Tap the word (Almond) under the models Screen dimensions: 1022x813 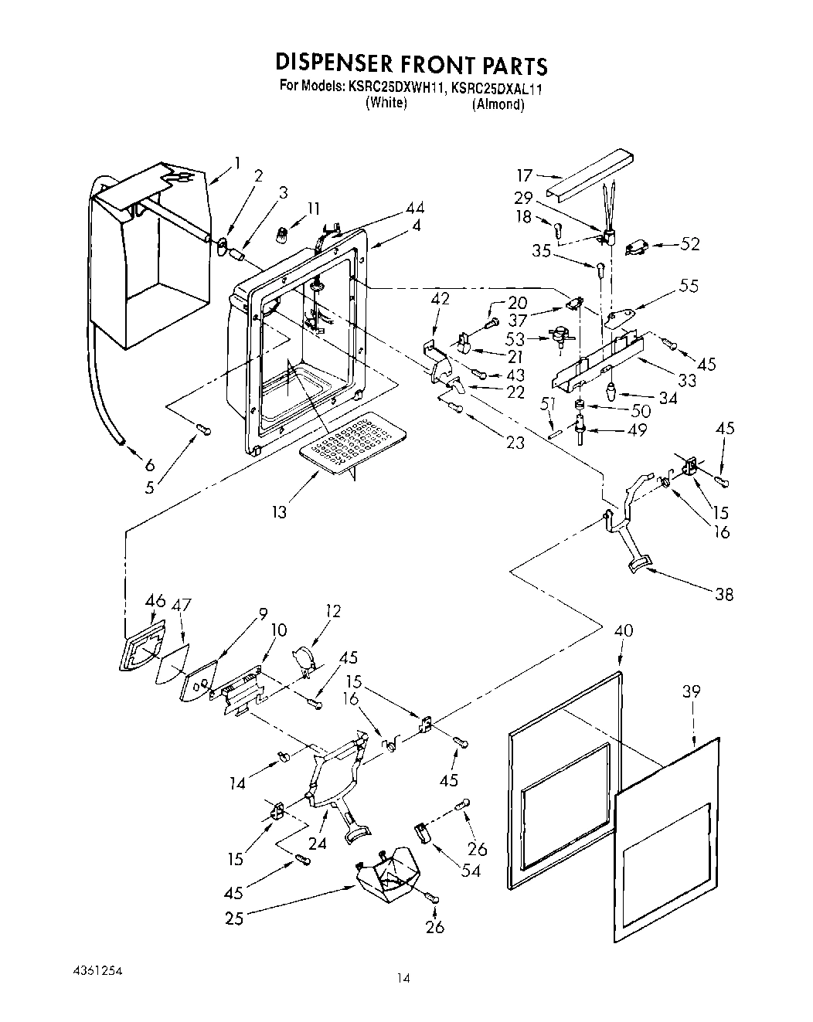click(x=498, y=104)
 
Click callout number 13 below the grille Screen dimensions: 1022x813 click(x=279, y=511)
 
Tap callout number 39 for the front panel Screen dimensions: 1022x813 click(x=691, y=691)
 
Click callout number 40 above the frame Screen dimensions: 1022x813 click(x=623, y=631)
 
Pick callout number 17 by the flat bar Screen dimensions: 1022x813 click(x=526, y=176)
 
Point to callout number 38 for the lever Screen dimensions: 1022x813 click(x=724, y=594)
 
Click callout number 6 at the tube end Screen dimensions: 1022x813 click(x=149, y=465)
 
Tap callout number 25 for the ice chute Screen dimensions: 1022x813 click(x=234, y=919)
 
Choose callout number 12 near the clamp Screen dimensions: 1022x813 click(x=333, y=612)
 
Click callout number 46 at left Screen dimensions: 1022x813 click(x=155, y=600)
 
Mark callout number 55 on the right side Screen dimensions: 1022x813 click(x=689, y=285)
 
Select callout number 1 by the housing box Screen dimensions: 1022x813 click(x=236, y=162)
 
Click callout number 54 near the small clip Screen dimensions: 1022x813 click(x=471, y=871)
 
